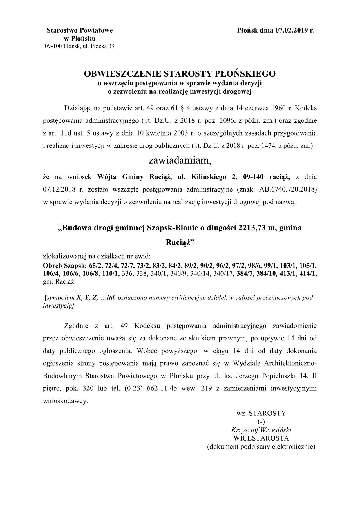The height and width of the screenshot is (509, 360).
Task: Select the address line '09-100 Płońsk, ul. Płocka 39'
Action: pos(79,46)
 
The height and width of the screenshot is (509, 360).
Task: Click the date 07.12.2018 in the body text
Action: pos(59,189)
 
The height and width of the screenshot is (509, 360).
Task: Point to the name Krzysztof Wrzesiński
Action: pos(261,430)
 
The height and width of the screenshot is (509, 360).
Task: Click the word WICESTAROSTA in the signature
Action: pos(261,438)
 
